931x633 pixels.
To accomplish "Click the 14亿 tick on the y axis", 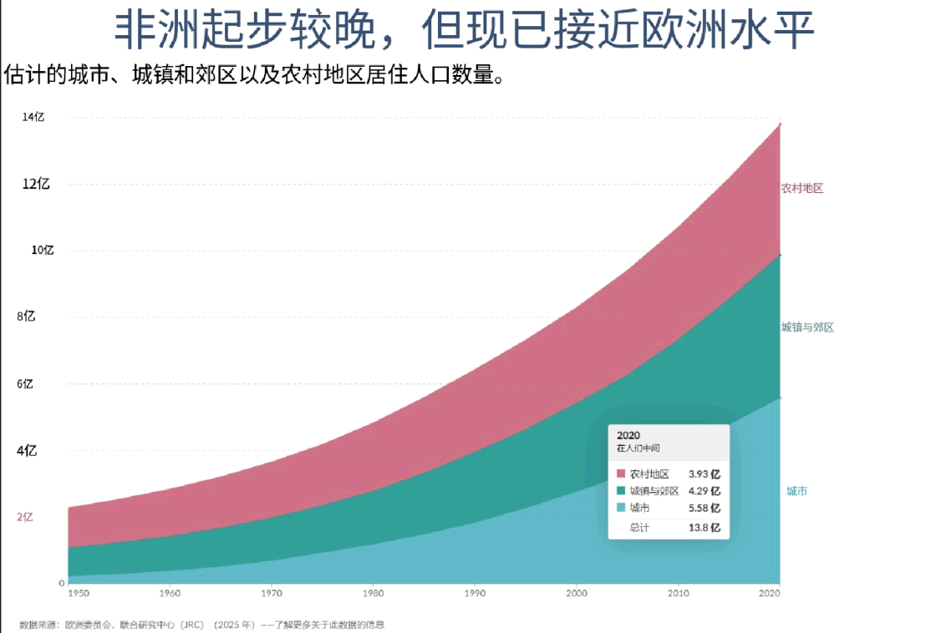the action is click(33, 117).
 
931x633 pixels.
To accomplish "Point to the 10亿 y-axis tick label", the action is click(43, 251).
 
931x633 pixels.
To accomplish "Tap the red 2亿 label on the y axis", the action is click(25, 517).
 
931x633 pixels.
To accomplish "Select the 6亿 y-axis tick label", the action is click(25, 384).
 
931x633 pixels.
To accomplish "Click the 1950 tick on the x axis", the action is click(79, 593).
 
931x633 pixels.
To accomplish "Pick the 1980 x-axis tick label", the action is click(374, 593).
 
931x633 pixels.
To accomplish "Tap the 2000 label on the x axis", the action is click(577, 593).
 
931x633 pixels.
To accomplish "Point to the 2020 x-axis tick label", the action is click(770, 593).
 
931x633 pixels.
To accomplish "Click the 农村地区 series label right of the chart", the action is click(802, 188).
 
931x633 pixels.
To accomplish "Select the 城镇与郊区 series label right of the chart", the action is click(807, 327).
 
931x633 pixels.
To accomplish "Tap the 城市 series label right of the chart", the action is click(796, 491).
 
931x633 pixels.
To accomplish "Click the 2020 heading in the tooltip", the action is click(628, 435).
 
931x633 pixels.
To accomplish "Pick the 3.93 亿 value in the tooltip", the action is click(705, 474).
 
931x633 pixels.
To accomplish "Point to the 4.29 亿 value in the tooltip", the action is click(705, 491).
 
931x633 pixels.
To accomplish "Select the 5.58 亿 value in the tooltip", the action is click(705, 508).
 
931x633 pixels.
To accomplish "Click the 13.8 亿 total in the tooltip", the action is click(705, 528).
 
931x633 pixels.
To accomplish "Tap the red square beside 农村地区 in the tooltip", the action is click(621, 473).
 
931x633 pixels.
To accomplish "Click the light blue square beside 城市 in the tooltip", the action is click(621, 507).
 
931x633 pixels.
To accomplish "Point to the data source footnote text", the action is click(202, 625).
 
